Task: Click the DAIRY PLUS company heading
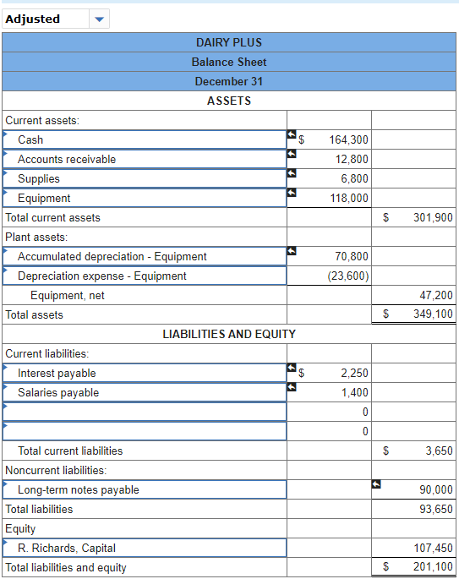(x=228, y=42)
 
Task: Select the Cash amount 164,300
(x=348, y=139)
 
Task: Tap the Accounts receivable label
(x=67, y=159)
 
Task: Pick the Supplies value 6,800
(x=354, y=178)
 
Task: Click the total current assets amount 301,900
(x=433, y=217)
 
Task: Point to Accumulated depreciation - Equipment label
(x=112, y=256)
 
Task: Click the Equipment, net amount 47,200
(x=436, y=295)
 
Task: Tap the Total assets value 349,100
(x=433, y=314)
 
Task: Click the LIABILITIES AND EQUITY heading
(x=228, y=334)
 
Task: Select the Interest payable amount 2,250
(x=354, y=373)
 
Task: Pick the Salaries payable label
(x=58, y=392)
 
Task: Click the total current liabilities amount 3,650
(x=439, y=451)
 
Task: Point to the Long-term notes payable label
(x=79, y=489)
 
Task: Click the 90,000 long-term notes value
(x=436, y=489)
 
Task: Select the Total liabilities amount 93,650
(x=436, y=509)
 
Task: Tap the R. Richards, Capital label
(x=67, y=548)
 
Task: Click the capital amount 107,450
(x=433, y=548)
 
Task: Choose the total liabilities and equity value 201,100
(x=433, y=567)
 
